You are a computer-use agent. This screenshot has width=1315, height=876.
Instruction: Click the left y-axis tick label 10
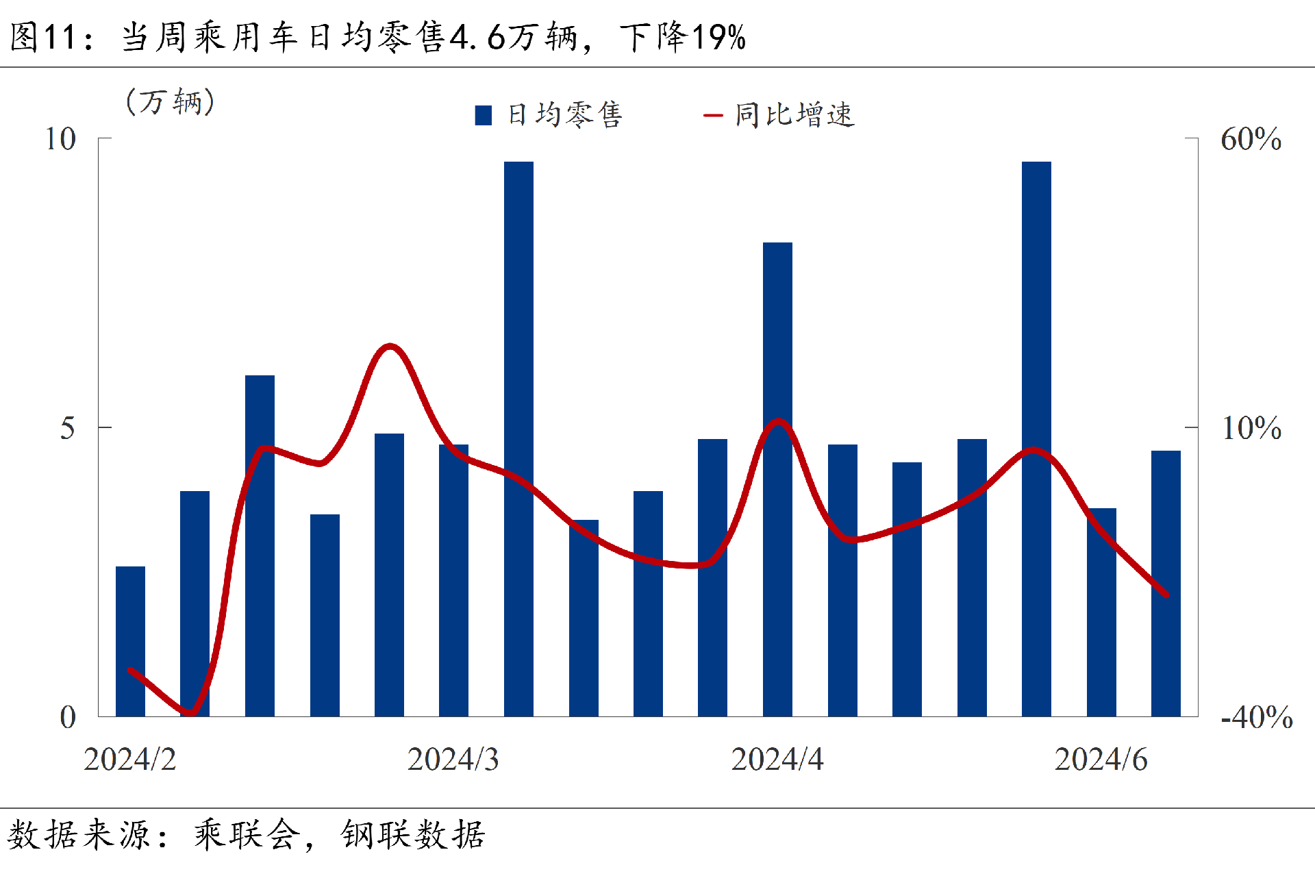pos(60,139)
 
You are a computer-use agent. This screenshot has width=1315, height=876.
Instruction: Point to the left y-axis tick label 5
pos(67,429)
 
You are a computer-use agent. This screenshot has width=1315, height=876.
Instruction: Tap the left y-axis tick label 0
pos(67,718)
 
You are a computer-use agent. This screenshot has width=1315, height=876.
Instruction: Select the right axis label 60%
pos(1251,139)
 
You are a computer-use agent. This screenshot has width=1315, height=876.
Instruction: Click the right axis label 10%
pos(1251,429)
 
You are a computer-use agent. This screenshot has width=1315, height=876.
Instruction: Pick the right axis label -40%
pos(1257,718)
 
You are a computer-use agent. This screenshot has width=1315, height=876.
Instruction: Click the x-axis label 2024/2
pos(129,760)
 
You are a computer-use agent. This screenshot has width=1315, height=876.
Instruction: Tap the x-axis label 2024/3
pos(453,760)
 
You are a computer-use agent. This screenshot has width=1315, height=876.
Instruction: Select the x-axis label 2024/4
pos(777,760)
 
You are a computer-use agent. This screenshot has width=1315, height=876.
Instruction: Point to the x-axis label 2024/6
pos(1101,760)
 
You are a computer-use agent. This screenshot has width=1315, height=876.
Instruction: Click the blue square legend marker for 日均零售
pos(484,115)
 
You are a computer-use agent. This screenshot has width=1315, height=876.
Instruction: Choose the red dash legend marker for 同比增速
pos(713,115)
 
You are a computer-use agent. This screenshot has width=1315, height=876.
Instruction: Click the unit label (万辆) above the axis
pos(171,102)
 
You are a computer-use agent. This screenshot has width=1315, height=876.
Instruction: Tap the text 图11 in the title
pos(42,37)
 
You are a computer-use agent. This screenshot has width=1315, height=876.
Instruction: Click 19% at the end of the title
pos(718,37)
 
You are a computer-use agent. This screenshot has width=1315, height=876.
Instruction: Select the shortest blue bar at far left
pos(130,641)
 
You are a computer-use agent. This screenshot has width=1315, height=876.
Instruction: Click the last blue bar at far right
pos(1166,583)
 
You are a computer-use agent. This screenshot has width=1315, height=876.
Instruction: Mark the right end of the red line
pos(1166,595)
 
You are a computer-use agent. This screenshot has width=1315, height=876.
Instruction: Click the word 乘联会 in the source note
pos(247,835)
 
